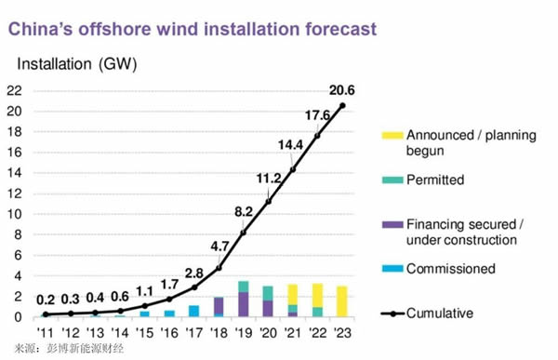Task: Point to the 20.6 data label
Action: [341, 89]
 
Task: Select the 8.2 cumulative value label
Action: [244, 211]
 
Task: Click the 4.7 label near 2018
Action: [219, 247]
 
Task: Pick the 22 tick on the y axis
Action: [15, 90]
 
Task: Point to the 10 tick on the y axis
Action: [15, 214]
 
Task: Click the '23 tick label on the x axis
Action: [342, 332]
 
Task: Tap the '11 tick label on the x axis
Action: [44, 332]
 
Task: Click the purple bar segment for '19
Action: [243, 304]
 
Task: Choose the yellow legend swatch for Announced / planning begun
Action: [370, 135]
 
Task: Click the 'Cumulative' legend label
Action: [438, 313]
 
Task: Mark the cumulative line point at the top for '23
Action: [342, 105]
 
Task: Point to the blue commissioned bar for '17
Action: [193, 311]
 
